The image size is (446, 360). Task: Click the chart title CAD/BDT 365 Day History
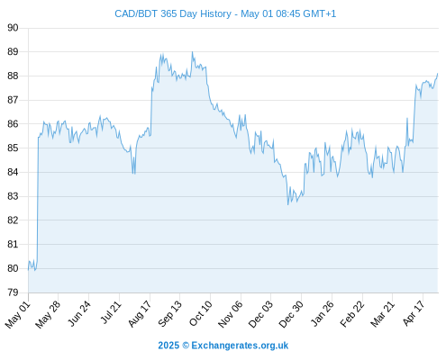[173, 13]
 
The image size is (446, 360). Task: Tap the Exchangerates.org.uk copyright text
[223, 346]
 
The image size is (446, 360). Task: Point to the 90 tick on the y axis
[13, 28]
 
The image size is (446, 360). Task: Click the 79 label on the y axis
[13, 292]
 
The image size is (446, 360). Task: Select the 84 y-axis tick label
[13, 172]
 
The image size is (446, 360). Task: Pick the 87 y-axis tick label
[13, 100]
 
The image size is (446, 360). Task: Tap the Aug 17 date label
[140, 314]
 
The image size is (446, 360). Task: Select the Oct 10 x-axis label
[200, 313]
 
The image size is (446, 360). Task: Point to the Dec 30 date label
[291, 314]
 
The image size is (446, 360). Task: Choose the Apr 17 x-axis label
[414, 313]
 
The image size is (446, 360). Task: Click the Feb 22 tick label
[352, 314]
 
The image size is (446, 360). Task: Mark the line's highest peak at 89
[193, 52]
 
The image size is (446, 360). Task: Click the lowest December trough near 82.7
[287, 205]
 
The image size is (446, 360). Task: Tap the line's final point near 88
[438, 73]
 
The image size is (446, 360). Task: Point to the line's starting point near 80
[28, 270]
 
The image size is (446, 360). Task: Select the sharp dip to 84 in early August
[133, 174]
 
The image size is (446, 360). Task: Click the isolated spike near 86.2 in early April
[407, 118]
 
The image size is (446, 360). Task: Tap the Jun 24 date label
[78, 314]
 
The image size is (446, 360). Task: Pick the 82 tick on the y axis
[13, 220]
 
